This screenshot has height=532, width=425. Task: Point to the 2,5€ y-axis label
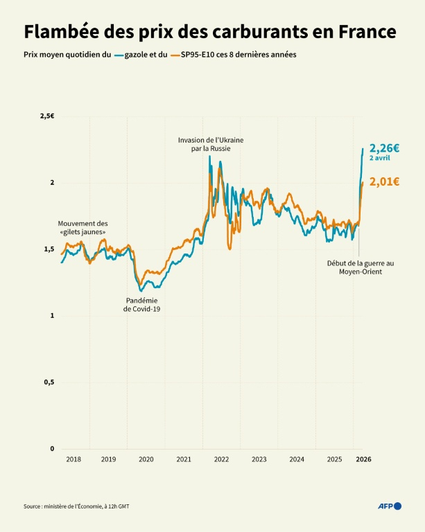click(x=46, y=116)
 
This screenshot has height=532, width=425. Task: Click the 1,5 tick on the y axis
click(x=48, y=249)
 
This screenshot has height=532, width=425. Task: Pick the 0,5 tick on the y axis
click(x=48, y=382)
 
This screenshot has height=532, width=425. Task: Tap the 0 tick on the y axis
click(x=51, y=449)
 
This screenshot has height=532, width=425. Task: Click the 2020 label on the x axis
click(x=146, y=459)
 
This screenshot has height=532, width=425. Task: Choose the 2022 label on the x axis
click(x=221, y=459)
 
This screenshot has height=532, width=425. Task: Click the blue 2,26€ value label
click(x=384, y=148)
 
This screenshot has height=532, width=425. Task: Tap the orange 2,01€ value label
click(x=384, y=182)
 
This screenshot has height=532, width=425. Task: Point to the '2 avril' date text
click(x=379, y=159)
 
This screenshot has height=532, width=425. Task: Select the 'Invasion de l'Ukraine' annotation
click(x=211, y=144)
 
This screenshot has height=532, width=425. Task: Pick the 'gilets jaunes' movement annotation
click(x=83, y=228)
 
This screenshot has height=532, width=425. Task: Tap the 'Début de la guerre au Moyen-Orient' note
click(x=360, y=267)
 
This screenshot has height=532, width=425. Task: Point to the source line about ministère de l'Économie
click(x=76, y=507)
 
